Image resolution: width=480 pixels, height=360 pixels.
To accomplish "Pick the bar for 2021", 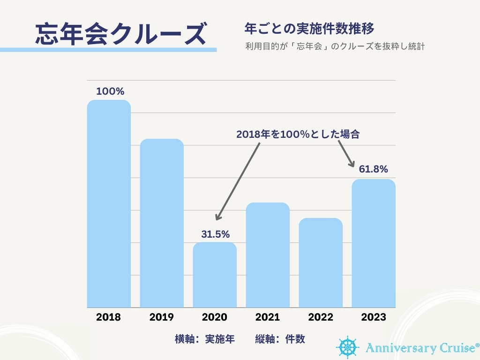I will click(x=268, y=255).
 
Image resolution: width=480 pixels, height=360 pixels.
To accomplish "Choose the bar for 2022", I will click(x=321, y=262).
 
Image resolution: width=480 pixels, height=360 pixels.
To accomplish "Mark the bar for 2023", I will click(x=374, y=243).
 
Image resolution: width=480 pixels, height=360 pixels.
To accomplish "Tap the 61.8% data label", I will click(x=374, y=169).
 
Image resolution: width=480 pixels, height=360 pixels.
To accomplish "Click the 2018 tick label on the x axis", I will click(x=108, y=317).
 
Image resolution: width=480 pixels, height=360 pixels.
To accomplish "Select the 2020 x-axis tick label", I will click(x=215, y=317).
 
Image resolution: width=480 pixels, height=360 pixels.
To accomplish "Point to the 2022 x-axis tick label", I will click(x=321, y=317).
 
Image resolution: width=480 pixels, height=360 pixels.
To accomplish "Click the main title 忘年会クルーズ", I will click(x=121, y=34).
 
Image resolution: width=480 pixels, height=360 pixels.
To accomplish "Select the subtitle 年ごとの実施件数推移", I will click(x=309, y=29).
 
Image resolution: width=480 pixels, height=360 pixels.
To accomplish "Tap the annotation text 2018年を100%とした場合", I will click(x=298, y=134).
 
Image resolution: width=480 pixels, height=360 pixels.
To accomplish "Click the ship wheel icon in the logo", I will click(x=347, y=346).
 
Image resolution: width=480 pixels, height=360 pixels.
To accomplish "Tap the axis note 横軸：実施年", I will click(x=204, y=339).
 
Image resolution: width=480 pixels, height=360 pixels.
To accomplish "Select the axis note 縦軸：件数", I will click(x=280, y=339).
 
